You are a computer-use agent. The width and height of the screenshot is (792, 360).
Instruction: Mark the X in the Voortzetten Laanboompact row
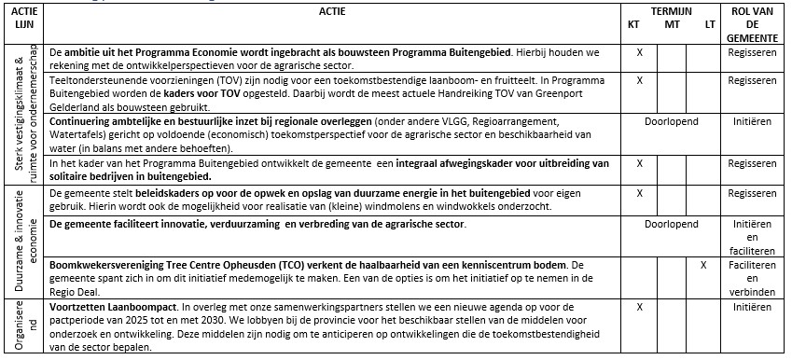pos(640,305)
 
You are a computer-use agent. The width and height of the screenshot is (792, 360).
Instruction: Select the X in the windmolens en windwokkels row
pos(640,192)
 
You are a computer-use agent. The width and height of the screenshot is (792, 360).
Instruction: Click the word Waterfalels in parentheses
pos(80,135)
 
